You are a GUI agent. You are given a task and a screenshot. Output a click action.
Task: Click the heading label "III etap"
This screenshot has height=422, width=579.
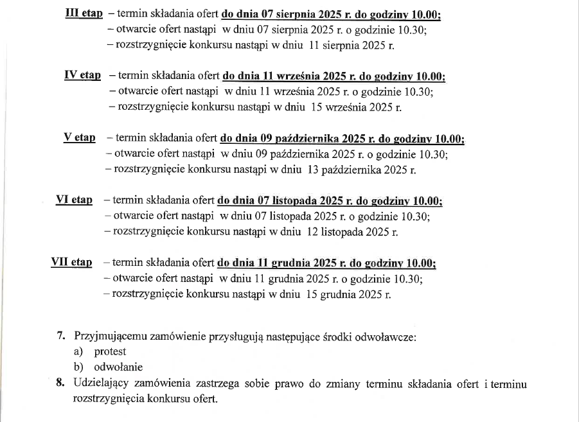coord(84,13)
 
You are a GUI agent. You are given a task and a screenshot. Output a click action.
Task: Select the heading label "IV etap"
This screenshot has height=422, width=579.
coord(82,76)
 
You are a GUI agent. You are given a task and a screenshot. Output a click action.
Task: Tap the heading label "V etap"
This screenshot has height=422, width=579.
coord(79,137)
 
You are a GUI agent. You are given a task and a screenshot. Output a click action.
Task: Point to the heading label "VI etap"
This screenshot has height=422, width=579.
coord(74,200)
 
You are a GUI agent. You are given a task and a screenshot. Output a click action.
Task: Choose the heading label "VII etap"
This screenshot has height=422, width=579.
coord(71,262)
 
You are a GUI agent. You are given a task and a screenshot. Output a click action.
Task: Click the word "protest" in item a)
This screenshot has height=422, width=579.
coord(110,351)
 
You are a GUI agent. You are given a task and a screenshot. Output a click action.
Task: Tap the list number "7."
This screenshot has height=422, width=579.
coord(62,335)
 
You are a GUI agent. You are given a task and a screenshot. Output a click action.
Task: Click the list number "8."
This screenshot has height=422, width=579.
coord(62,384)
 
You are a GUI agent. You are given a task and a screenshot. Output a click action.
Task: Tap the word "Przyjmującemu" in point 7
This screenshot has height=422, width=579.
coord(111,335)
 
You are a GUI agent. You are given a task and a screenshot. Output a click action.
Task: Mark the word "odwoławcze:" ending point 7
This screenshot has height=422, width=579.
coord(391,335)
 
